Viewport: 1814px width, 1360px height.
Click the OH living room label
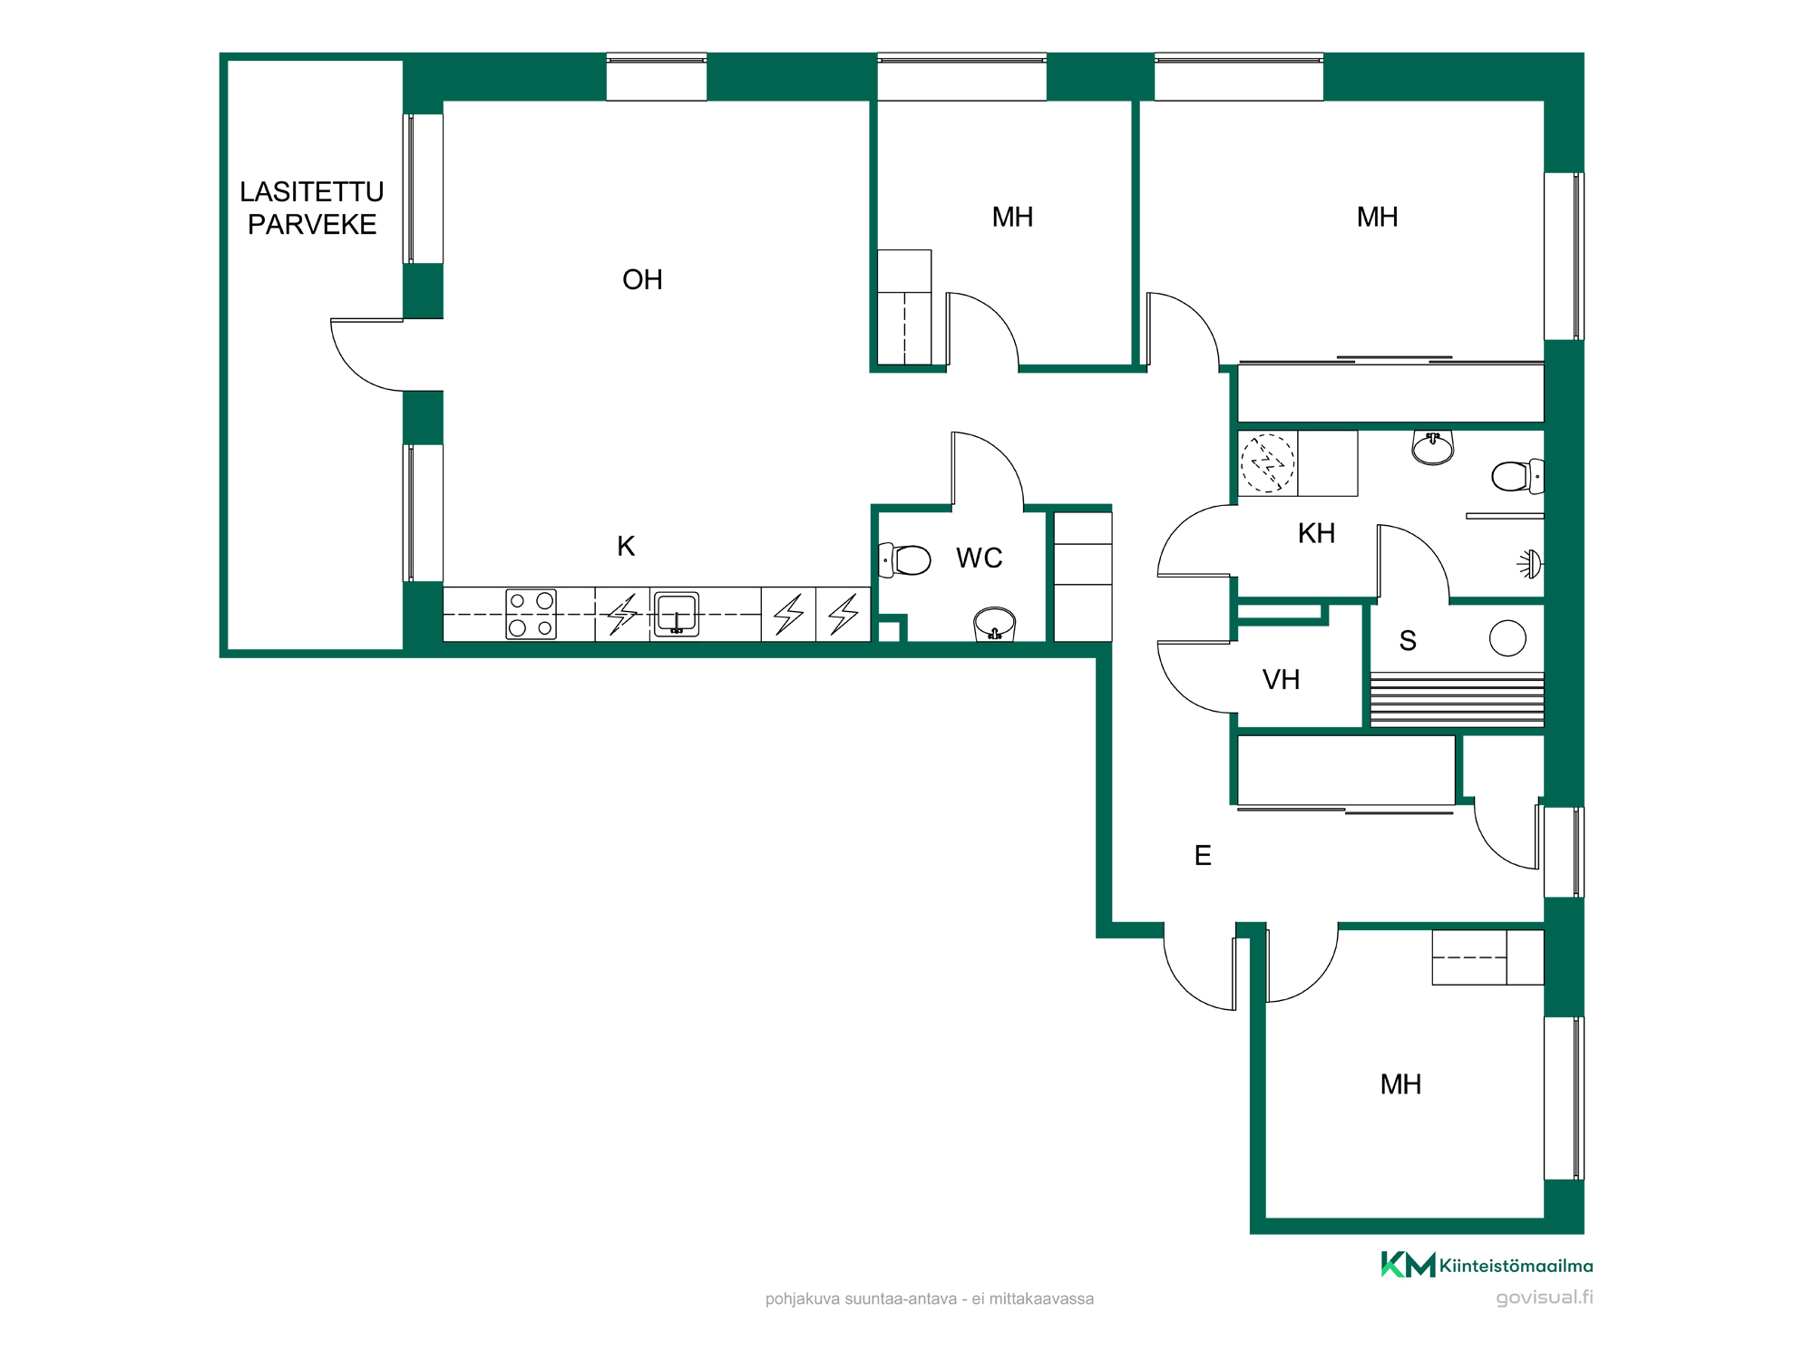coord(642,279)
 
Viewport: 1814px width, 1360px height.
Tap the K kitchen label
coord(626,546)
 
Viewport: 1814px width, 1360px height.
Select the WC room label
coord(980,558)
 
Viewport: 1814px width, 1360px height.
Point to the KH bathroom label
coord(1316,533)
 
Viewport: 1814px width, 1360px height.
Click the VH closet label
coord(1281,679)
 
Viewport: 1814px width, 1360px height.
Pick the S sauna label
coord(1408,641)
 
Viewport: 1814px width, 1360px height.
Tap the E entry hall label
coord(1203,855)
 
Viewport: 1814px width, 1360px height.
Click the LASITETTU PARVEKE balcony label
coord(312,208)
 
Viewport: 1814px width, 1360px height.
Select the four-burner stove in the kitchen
coord(531,614)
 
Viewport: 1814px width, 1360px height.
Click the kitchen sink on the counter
coord(677,614)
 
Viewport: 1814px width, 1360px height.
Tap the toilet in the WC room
coord(904,560)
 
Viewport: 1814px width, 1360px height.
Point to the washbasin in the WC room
coord(994,624)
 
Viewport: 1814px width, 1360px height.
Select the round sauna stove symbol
coord(1507,637)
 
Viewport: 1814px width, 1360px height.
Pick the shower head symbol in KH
coord(1531,564)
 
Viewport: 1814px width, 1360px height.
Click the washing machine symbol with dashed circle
coord(1268,463)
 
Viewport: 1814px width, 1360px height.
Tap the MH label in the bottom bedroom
coord(1400,1084)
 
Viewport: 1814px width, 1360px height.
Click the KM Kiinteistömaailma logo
coord(1487,1265)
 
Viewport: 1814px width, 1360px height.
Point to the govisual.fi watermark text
coord(1544,1297)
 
